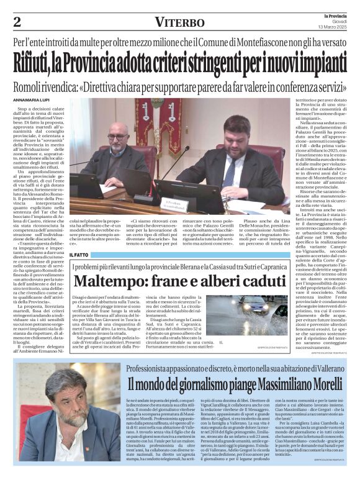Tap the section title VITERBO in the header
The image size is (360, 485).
(x=179, y=22)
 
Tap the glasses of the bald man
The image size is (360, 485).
(x=117, y=137)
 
